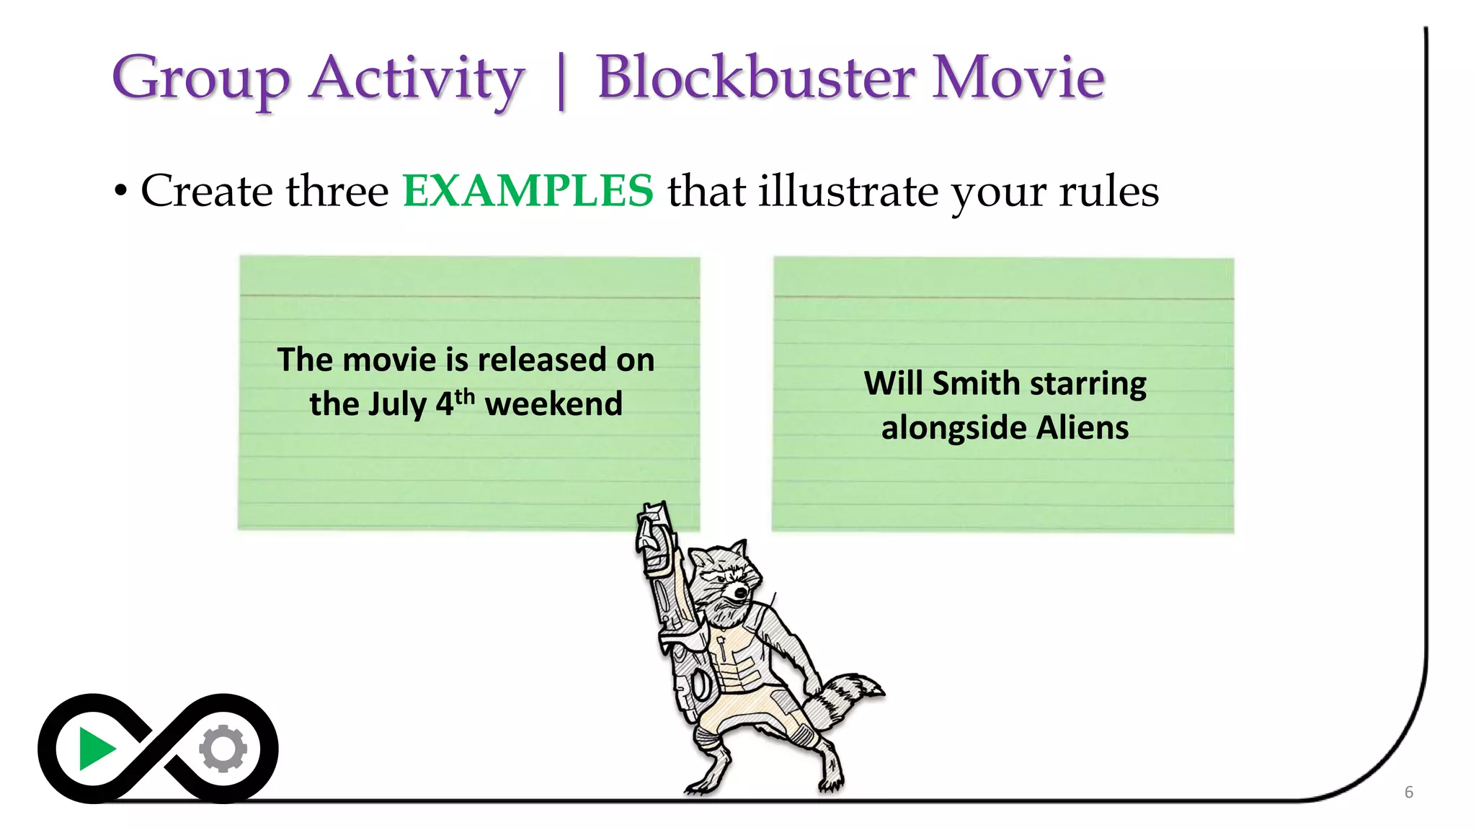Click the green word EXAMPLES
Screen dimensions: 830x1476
click(x=528, y=191)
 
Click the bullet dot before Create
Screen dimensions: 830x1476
click(x=120, y=192)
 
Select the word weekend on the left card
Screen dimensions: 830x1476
click(x=553, y=404)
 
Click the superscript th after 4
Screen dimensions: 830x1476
click(x=465, y=396)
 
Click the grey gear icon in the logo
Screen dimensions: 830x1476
click(x=223, y=749)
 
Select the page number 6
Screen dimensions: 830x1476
click(x=1408, y=793)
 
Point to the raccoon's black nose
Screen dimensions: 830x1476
click(x=740, y=593)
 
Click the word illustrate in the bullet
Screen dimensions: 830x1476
click(x=848, y=192)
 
